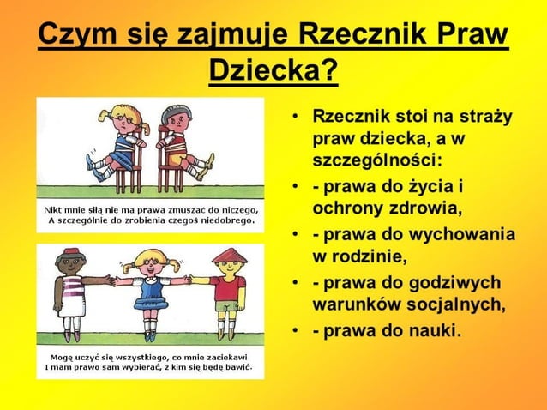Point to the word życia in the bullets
pos(428,186)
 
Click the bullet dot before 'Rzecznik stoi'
pos(294,116)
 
